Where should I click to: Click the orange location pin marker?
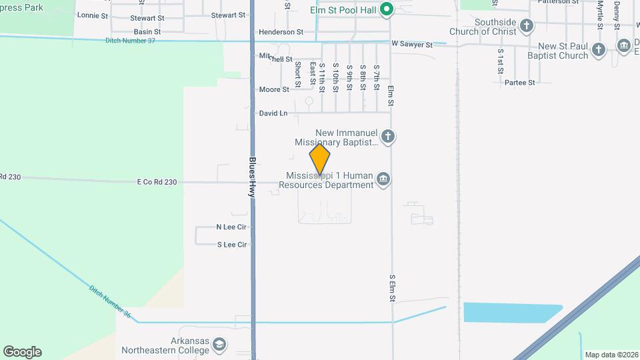pyautogui.click(x=320, y=159)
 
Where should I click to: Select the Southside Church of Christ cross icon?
pyautogui.click(x=527, y=27)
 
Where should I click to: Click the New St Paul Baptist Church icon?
pyautogui.click(x=599, y=49)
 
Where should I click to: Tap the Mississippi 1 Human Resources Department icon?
pyautogui.click(x=383, y=179)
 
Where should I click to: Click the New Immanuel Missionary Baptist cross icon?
pyautogui.click(x=388, y=137)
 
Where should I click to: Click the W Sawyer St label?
pyautogui.click(x=412, y=45)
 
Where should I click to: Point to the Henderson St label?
pyautogui.click(x=281, y=31)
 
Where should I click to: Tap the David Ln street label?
pyautogui.click(x=273, y=113)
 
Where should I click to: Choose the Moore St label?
pyautogui.click(x=273, y=89)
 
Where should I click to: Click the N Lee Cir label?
pyautogui.click(x=231, y=227)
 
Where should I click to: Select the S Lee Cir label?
pyautogui.click(x=232, y=245)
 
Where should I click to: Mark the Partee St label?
pyautogui.click(x=520, y=83)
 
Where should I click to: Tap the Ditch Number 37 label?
pyautogui.click(x=130, y=41)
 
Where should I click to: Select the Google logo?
pyautogui.click(x=22, y=352)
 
